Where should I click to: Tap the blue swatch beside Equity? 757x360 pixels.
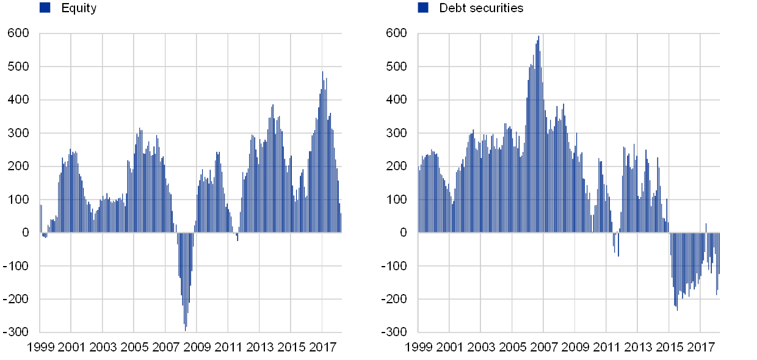45,7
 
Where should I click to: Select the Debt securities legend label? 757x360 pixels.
483,9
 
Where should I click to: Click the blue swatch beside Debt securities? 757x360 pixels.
423,7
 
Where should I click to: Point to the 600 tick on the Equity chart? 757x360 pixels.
18,34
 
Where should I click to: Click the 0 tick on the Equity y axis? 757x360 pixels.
25,233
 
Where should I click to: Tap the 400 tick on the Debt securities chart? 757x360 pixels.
397,100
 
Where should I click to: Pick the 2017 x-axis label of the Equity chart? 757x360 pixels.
324,347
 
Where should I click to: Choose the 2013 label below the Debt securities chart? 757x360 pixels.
638,347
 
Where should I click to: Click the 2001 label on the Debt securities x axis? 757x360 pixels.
450,347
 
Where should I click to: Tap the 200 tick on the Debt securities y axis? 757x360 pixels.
397,167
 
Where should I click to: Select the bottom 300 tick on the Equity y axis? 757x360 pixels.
18,332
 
